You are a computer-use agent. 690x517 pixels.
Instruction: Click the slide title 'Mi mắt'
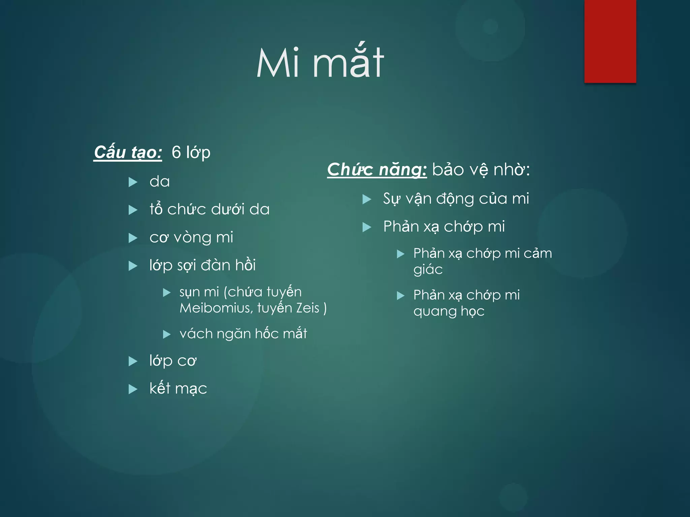coord(320,63)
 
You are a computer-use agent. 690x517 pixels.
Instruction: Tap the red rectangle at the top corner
coord(610,41)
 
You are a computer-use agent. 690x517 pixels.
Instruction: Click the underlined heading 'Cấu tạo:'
coord(128,152)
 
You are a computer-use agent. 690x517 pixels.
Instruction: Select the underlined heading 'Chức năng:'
coord(377,169)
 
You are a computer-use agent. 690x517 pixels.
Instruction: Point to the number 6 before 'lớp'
coord(176,152)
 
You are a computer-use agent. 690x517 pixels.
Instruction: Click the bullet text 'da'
coord(160,182)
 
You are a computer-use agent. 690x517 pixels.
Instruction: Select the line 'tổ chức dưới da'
coord(210,209)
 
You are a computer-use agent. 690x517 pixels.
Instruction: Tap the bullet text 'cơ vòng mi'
coord(191,237)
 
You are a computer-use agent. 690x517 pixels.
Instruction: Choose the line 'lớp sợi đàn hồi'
coord(202,265)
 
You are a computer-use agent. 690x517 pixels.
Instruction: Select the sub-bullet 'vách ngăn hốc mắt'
coord(243,334)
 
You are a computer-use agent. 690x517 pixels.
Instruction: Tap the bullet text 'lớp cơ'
coord(173,361)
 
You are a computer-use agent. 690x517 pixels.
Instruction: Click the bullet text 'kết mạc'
coord(178,389)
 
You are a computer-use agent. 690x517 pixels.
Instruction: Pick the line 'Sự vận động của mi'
coord(456,199)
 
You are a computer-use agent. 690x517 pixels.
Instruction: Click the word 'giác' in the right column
coord(428,270)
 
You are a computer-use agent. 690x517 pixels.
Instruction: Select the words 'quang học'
coord(449,311)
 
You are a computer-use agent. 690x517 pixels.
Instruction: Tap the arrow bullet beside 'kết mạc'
coord(133,389)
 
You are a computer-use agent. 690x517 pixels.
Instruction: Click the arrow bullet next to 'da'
coord(133,182)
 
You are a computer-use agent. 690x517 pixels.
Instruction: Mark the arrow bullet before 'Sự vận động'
coord(367,199)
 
